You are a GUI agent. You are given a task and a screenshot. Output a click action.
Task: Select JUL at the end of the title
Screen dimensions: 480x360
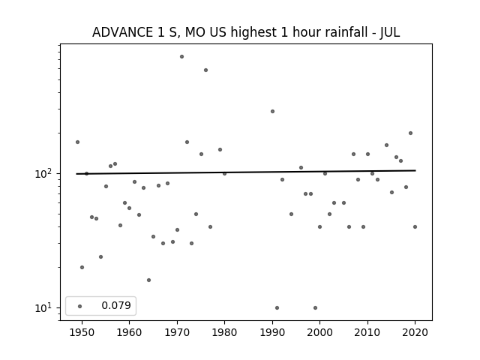[390, 32]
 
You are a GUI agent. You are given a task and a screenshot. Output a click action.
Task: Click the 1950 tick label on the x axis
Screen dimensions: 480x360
[82, 332]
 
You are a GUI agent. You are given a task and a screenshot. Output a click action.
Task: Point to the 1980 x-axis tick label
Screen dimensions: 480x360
[225, 332]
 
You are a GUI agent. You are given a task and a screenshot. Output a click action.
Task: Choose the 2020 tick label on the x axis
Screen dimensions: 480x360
[415, 332]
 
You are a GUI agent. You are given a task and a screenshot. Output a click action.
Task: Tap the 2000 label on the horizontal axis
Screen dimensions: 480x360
[320, 332]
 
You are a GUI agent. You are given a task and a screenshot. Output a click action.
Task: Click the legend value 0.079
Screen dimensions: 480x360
[116, 305]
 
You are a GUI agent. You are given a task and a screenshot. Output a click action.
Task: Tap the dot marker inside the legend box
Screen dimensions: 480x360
[80, 306]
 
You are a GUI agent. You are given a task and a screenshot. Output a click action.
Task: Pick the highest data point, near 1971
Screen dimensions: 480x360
[181, 57]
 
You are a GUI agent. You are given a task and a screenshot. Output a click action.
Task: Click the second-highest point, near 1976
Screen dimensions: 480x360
[205, 70]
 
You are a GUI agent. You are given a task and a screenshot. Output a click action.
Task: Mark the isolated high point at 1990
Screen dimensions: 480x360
[272, 112]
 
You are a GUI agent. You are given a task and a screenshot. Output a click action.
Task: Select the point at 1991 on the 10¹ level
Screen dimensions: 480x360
[277, 308]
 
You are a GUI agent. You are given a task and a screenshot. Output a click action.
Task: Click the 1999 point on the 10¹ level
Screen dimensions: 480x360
[315, 308]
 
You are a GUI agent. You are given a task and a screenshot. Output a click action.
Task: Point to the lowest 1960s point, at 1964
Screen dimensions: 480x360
[148, 280]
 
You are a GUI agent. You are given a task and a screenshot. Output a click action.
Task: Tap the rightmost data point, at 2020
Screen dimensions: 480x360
[415, 226]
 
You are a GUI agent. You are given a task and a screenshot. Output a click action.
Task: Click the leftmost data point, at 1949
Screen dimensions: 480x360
[77, 142]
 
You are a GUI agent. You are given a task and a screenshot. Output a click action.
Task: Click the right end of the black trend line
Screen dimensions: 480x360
[415, 170]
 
